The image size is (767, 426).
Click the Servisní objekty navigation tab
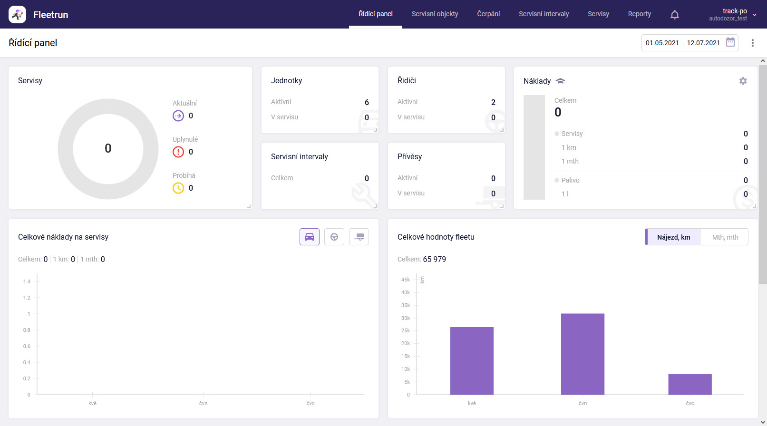(x=435, y=14)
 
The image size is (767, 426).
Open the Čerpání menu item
(x=488, y=14)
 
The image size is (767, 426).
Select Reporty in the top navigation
(x=639, y=14)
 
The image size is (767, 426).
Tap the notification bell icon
(x=674, y=15)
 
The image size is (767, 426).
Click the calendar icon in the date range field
(x=730, y=42)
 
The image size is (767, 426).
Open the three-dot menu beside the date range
(x=752, y=43)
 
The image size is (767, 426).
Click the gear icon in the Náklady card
(x=743, y=81)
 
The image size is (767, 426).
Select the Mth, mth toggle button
(x=725, y=237)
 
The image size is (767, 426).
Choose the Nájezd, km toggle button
(x=673, y=237)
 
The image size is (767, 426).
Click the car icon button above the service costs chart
(x=310, y=237)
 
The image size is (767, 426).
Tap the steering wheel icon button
(x=334, y=237)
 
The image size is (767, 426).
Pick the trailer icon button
(x=359, y=237)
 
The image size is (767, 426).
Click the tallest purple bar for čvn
(x=583, y=354)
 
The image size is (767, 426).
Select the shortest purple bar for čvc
(x=689, y=384)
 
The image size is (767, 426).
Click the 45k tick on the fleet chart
(x=406, y=280)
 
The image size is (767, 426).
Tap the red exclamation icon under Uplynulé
(x=178, y=152)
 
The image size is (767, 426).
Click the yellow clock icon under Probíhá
(x=178, y=188)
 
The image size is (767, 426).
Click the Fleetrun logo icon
(x=18, y=15)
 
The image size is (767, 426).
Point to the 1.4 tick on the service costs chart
(x=27, y=281)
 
